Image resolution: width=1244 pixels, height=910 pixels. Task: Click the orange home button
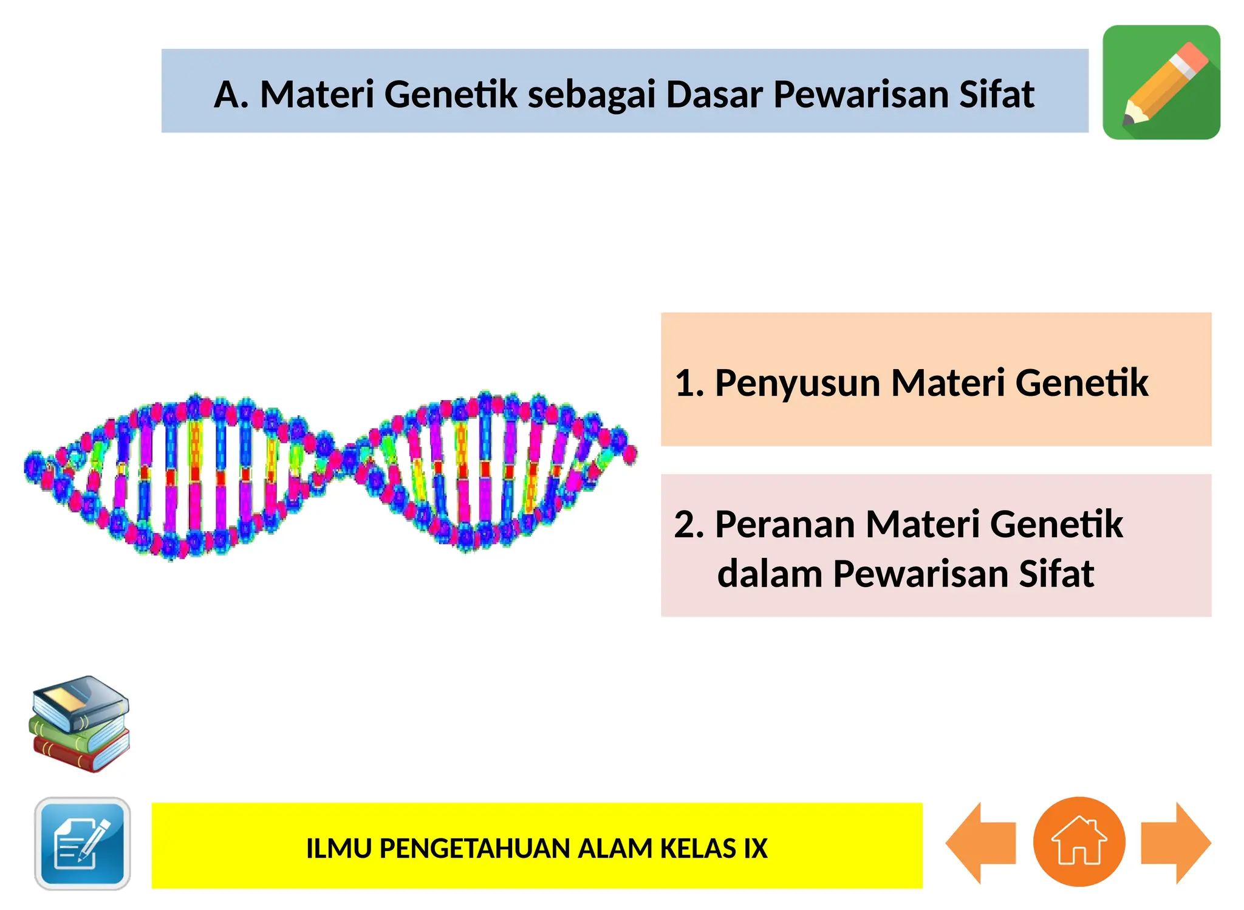coord(1079,841)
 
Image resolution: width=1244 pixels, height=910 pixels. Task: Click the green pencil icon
coord(1161,83)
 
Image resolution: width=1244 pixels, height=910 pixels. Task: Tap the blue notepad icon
coord(83,843)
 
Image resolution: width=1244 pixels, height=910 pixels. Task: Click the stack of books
coord(80,724)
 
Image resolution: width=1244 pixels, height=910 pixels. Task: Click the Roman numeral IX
coord(756,849)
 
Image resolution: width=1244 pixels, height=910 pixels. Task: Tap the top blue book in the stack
coord(81,702)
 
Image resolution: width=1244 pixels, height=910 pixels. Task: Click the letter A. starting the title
coord(231,95)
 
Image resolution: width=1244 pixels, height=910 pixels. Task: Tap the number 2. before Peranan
coord(689,525)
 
